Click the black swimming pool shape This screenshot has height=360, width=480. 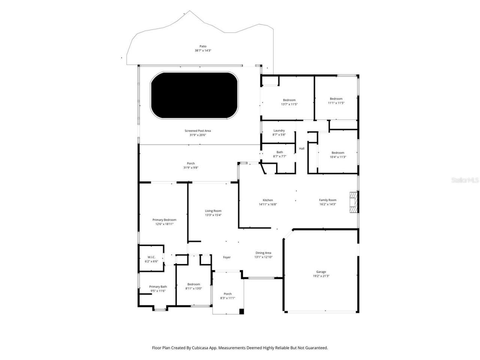pyautogui.click(x=194, y=95)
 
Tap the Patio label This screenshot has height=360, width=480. pyautogui.click(x=203, y=46)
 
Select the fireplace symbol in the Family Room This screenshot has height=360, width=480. pyautogui.click(x=353, y=203)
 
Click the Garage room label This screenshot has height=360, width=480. pyautogui.click(x=321, y=272)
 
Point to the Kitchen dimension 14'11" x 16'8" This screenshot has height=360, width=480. pyautogui.click(x=268, y=204)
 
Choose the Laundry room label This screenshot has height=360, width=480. pyautogui.click(x=279, y=130)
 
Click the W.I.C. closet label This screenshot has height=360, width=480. pyautogui.click(x=151, y=257)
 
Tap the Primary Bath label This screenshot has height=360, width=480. pyautogui.click(x=158, y=286)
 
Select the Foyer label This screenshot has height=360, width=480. pyautogui.click(x=227, y=257)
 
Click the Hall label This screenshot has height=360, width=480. pyautogui.click(x=301, y=149)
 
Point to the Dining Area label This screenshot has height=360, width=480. pyautogui.click(x=263, y=253)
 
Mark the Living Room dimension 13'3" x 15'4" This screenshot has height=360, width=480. pyautogui.click(x=213, y=215)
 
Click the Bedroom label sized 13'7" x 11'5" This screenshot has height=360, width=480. pyautogui.click(x=289, y=100)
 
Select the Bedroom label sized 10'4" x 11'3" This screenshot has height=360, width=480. pyautogui.click(x=337, y=153)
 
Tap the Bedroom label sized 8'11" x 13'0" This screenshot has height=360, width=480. pyautogui.click(x=193, y=284)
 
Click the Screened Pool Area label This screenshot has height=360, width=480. pyautogui.click(x=198, y=131)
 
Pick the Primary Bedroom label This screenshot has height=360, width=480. pyautogui.click(x=164, y=220)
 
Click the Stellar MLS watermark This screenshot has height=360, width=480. pyautogui.click(x=465, y=180)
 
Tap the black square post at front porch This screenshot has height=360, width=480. pyautogui.click(x=241, y=311)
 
